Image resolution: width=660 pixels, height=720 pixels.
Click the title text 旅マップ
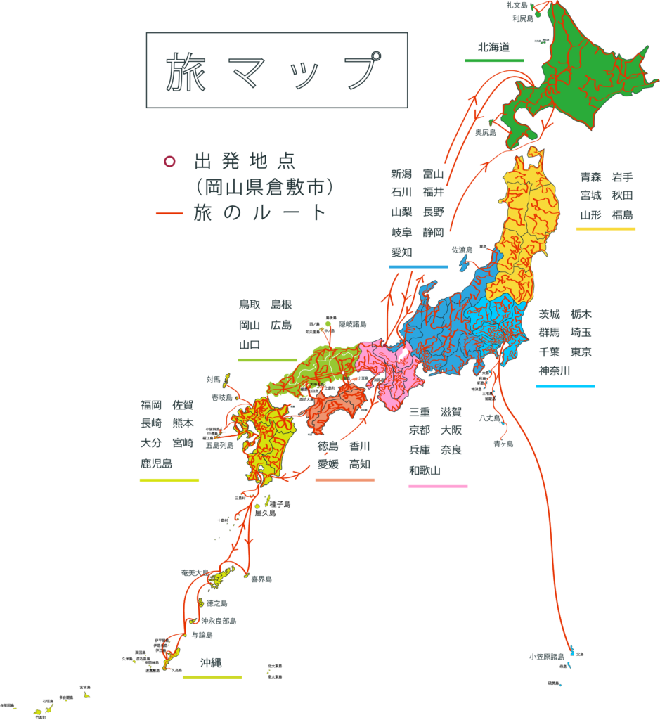click(x=276, y=72)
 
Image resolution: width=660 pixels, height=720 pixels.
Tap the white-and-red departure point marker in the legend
click(x=169, y=161)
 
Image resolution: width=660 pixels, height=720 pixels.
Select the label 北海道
click(x=493, y=47)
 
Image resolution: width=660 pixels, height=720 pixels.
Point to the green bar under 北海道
click(x=494, y=60)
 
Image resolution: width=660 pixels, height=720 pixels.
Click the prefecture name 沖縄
click(x=211, y=662)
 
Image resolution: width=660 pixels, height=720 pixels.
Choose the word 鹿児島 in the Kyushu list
click(x=157, y=463)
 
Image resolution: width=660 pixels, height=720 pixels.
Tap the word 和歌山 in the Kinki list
click(x=425, y=470)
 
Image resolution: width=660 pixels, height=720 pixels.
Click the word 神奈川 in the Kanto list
click(x=555, y=370)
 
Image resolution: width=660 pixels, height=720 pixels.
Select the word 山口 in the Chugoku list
click(x=250, y=345)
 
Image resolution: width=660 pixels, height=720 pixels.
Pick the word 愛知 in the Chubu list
click(x=401, y=252)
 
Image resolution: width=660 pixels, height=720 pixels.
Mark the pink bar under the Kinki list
click(x=438, y=486)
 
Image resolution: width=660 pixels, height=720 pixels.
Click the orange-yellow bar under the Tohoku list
click(x=605, y=229)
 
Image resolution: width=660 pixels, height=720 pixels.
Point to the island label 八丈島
click(x=490, y=418)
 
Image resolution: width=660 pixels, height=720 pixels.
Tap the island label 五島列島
click(x=219, y=445)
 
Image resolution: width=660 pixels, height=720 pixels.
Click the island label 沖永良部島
click(x=219, y=622)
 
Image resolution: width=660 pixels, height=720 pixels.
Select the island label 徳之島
click(x=216, y=603)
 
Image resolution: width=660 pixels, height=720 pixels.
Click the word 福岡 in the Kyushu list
click(x=151, y=404)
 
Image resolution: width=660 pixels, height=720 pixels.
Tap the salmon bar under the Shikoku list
click(x=344, y=480)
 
